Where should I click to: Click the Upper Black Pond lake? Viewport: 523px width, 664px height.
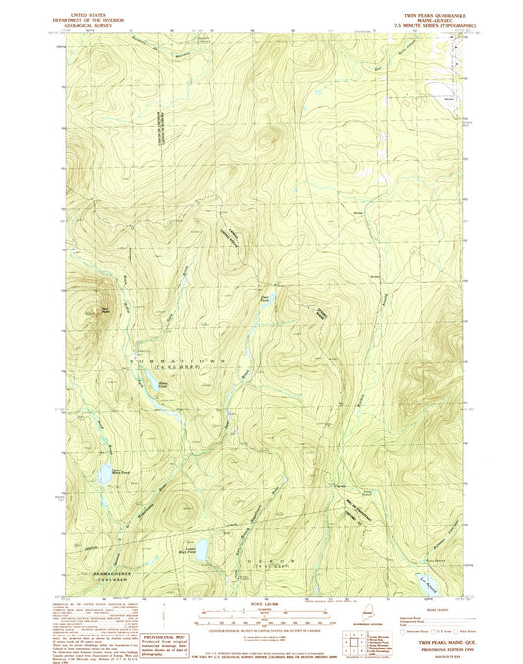pyautogui.click(x=101, y=476)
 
